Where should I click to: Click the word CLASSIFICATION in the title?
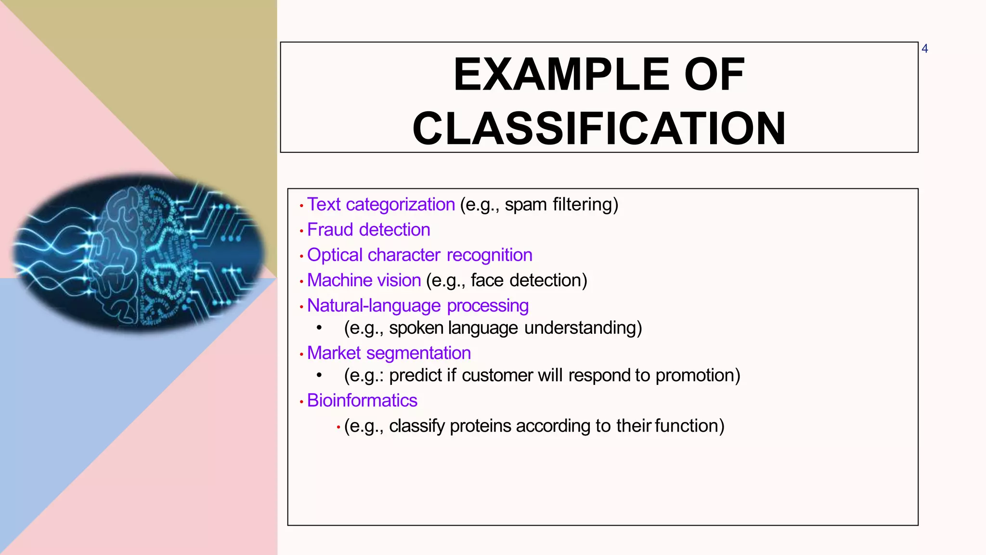click(x=599, y=129)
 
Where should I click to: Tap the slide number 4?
click(x=924, y=49)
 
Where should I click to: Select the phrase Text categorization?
click(x=381, y=205)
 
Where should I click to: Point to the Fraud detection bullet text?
click(x=368, y=230)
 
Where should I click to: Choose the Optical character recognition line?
click(x=419, y=255)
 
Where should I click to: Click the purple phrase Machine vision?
click(x=364, y=280)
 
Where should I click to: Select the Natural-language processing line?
click(x=417, y=306)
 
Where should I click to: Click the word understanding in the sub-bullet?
click(x=582, y=328)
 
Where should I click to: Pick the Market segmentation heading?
click(x=389, y=353)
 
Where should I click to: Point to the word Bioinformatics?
click(x=362, y=401)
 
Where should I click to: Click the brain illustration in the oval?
click(x=140, y=253)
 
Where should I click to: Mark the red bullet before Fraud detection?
click(x=301, y=231)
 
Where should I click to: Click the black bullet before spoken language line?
click(x=319, y=328)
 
